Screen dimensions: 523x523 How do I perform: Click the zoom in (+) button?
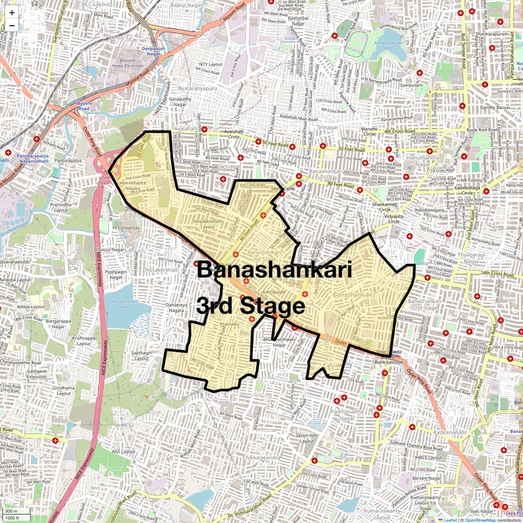pyautogui.click(x=12, y=13)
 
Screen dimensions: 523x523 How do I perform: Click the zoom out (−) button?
pyautogui.click(x=12, y=26)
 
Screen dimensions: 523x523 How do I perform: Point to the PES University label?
pyautogui.click(x=126, y=228)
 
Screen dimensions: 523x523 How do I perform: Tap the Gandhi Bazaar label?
pyautogui.click(x=495, y=107)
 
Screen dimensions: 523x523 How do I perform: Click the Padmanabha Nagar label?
pyautogui.click(x=347, y=415)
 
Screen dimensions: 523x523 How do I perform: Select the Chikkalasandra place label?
pyautogui.click(x=261, y=457)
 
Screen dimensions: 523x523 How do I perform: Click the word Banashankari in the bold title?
pyautogui.click(x=274, y=270)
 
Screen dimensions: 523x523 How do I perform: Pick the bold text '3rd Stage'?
pyautogui.click(x=250, y=306)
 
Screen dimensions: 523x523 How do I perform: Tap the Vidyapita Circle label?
pyautogui.click(x=394, y=218)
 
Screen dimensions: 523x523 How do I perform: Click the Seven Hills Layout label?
pyautogui.click(x=307, y=438)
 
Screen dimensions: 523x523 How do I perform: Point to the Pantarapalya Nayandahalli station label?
pyautogui.click(x=33, y=159)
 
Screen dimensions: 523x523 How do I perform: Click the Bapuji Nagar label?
pyautogui.click(x=186, y=5)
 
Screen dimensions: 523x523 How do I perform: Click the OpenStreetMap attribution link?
pyautogui.click(x=480, y=520)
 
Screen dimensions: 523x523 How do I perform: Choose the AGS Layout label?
pyautogui.click(x=123, y=451)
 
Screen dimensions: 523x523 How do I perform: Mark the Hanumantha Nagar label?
pyautogui.click(x=423, y=161)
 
